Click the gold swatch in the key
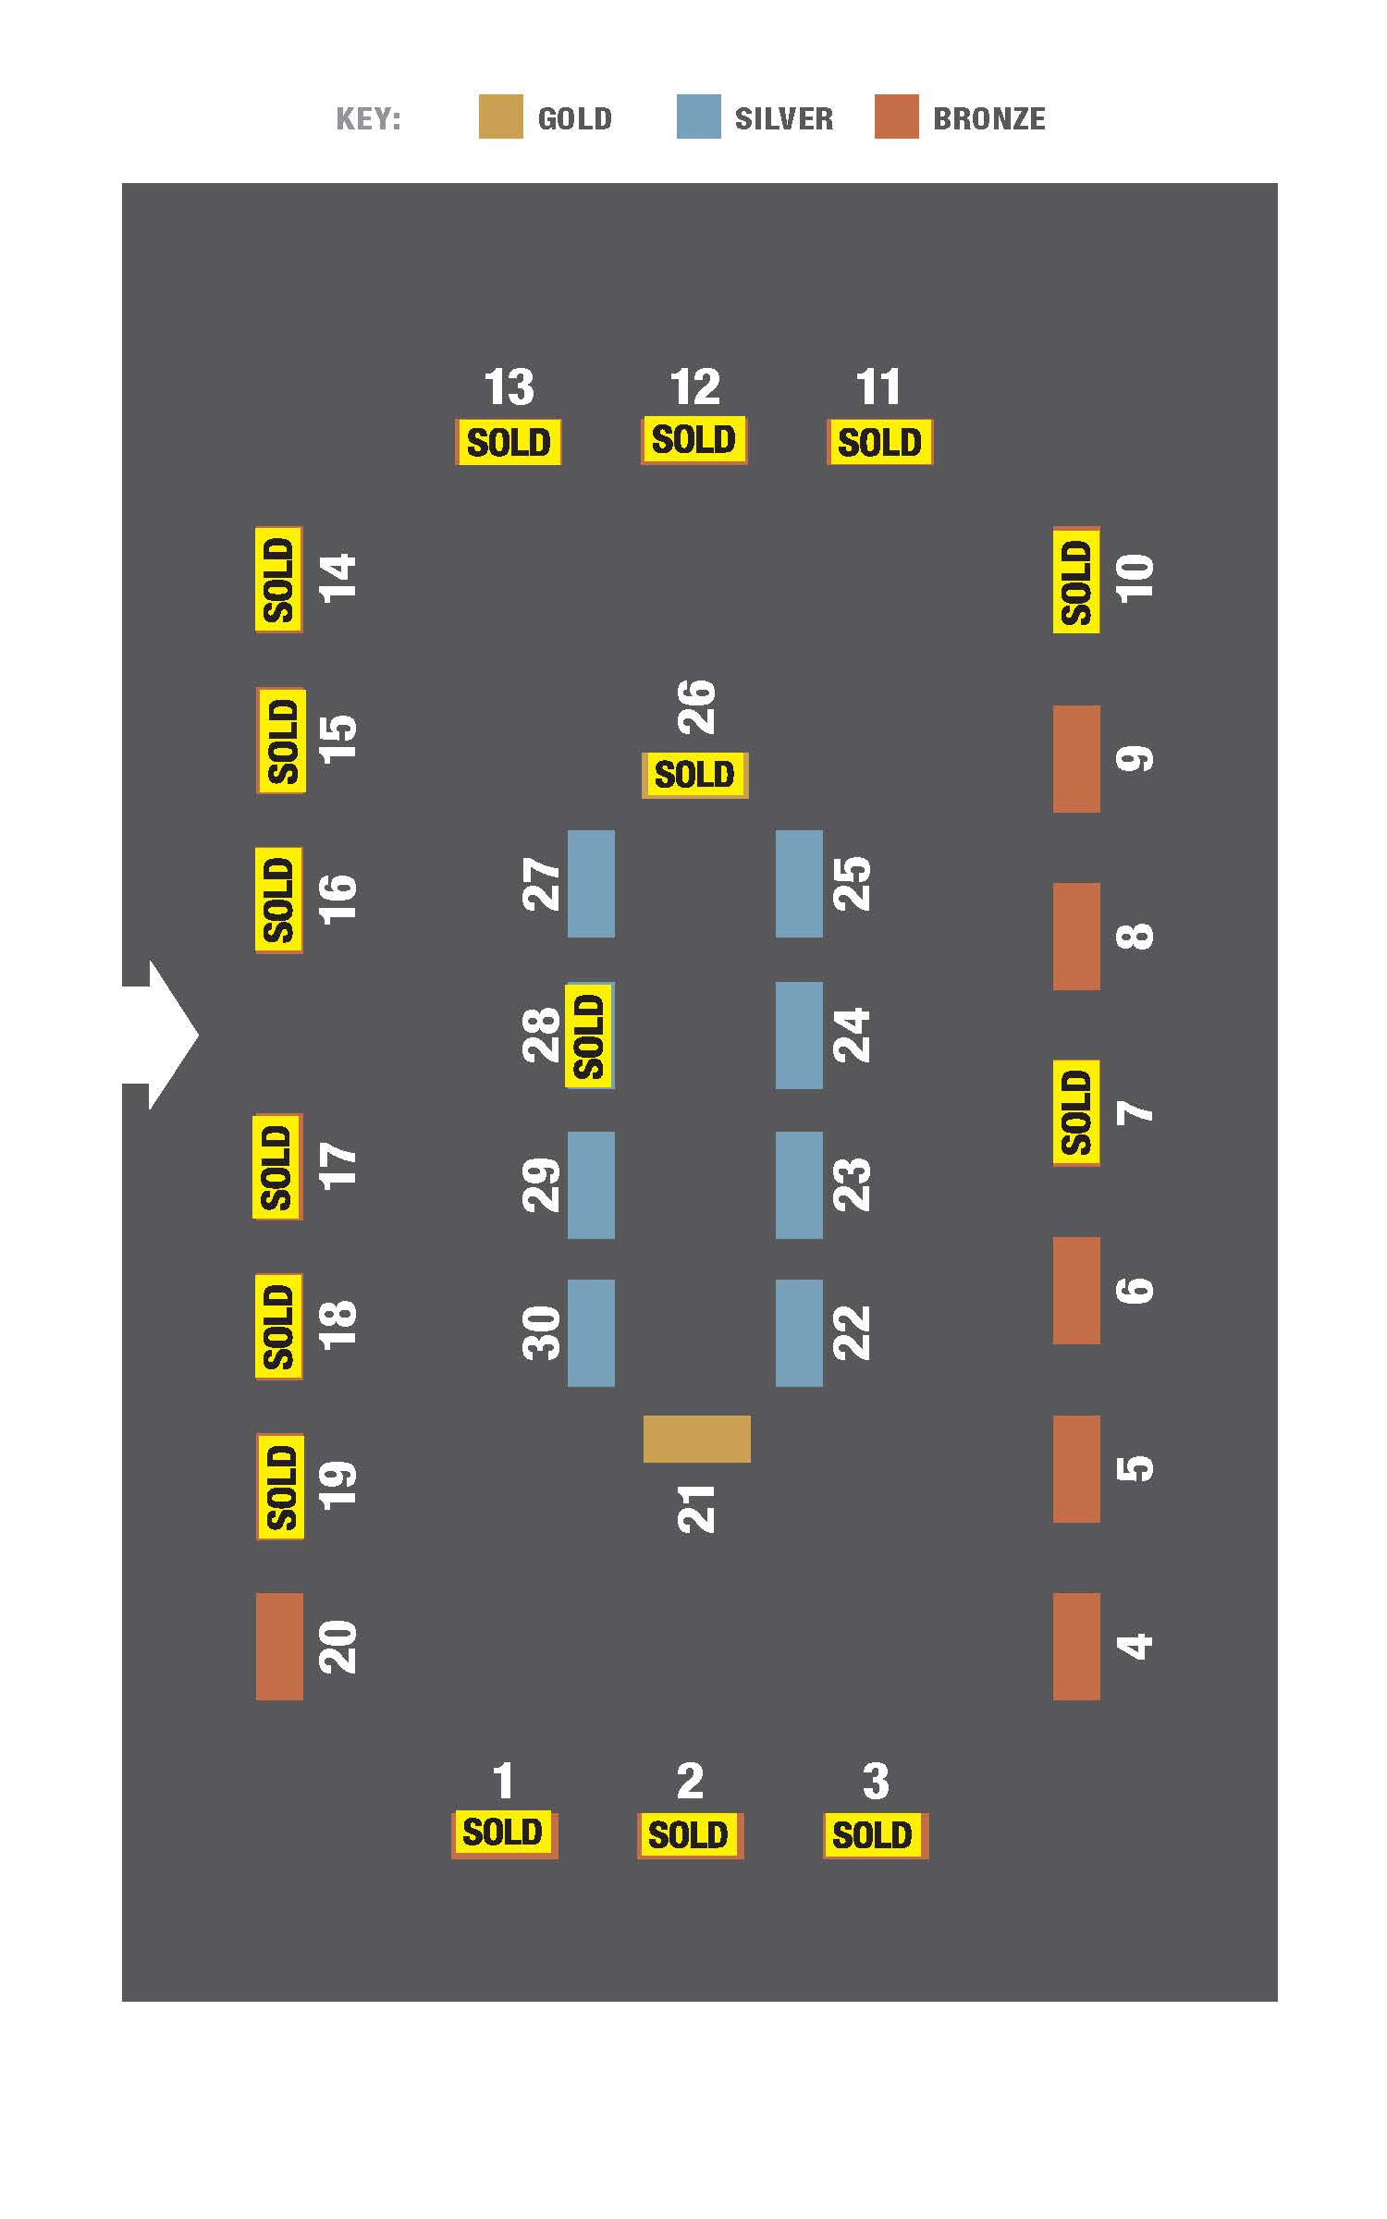coord(500,116)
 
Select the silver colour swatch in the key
coord(698,116)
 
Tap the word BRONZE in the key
coord(989,118)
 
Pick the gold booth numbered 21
coord(697,1439)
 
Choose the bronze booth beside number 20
coord(279,1646)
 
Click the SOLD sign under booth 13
coord(509,442)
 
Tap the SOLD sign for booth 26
coord(694,775)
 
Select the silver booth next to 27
coord(591,884)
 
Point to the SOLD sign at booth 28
coord(590,1036)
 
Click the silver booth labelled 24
coord(799,1036)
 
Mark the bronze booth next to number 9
coord(1076,759)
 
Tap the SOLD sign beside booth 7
coord(1076,1113)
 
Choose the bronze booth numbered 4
coord(1076,1646)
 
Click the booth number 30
coord(542,1332)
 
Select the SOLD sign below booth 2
coord(690,1835)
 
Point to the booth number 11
coord(878,387)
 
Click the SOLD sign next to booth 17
coord(277,1167)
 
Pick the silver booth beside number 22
coord(799,1333)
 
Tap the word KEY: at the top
coord(368,119)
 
